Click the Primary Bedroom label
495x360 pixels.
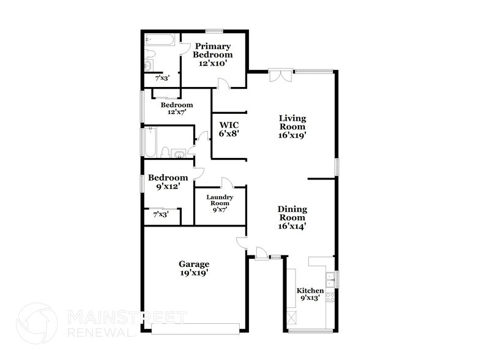point(212,54)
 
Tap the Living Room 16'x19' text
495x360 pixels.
point(292,127)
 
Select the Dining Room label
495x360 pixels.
point(292,217)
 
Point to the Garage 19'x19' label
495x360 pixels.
point(194,269)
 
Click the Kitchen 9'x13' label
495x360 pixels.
point(310,294)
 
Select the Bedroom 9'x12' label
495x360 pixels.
point(168,182)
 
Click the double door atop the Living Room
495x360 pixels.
point(281,77)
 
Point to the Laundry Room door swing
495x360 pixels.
point(226,182)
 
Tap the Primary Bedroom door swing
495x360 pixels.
point(225,84)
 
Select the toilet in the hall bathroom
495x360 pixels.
point(165,151)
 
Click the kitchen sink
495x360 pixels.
point(330,278)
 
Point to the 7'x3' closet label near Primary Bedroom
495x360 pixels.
point(162,78)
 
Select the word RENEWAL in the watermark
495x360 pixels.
point(99,332)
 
